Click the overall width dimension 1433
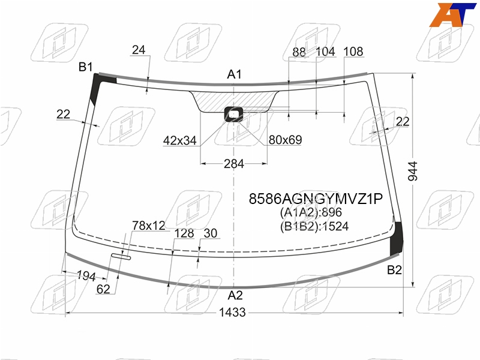[232, 312]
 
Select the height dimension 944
[413, 171]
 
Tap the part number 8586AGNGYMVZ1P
[316, 199]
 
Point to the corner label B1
[85, 67]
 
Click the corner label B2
[394, 270]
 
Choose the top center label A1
[235, 74]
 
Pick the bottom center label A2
[235, 295]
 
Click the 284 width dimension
[234, 164]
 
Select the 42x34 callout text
[179, 140]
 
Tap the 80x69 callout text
[286, 140]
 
